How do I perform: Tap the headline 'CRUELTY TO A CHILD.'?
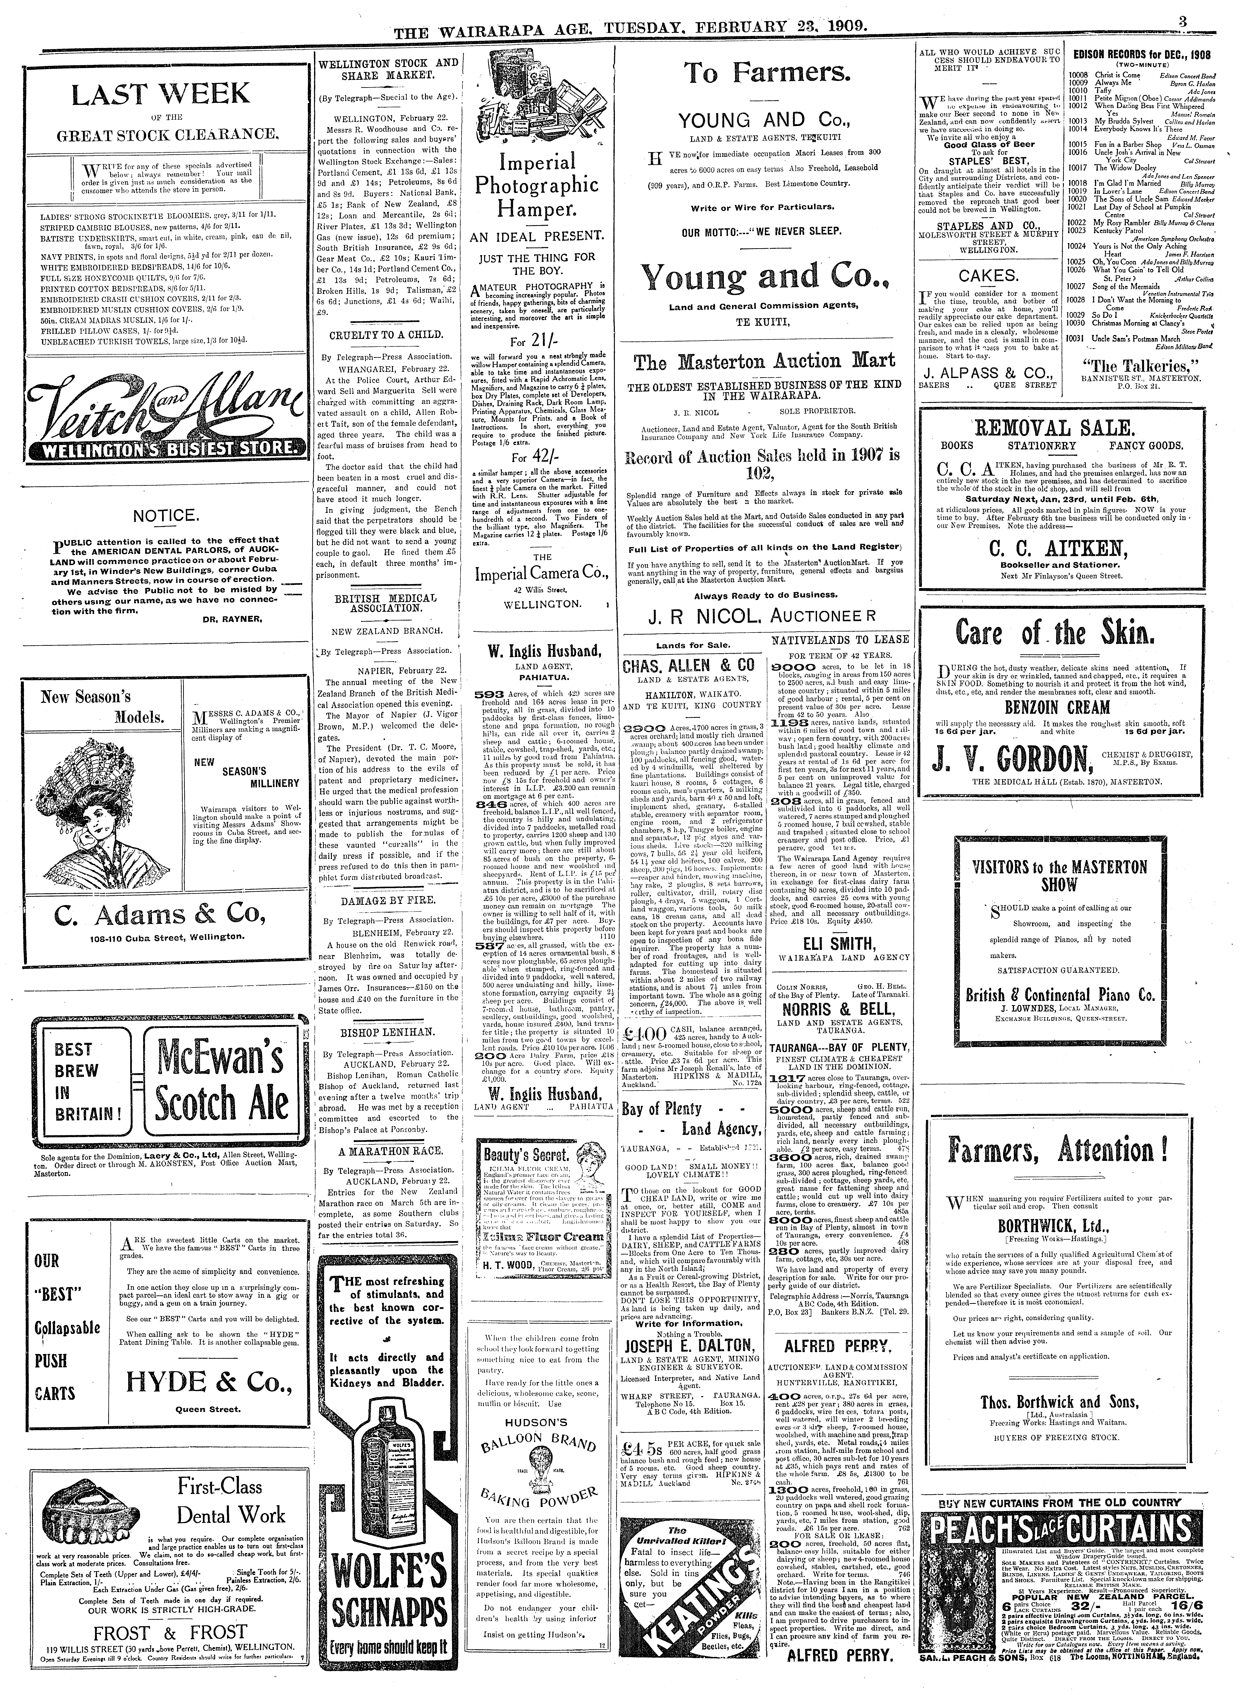[x=386, y=335]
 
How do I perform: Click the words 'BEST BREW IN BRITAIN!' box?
[x=75, y=1081]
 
